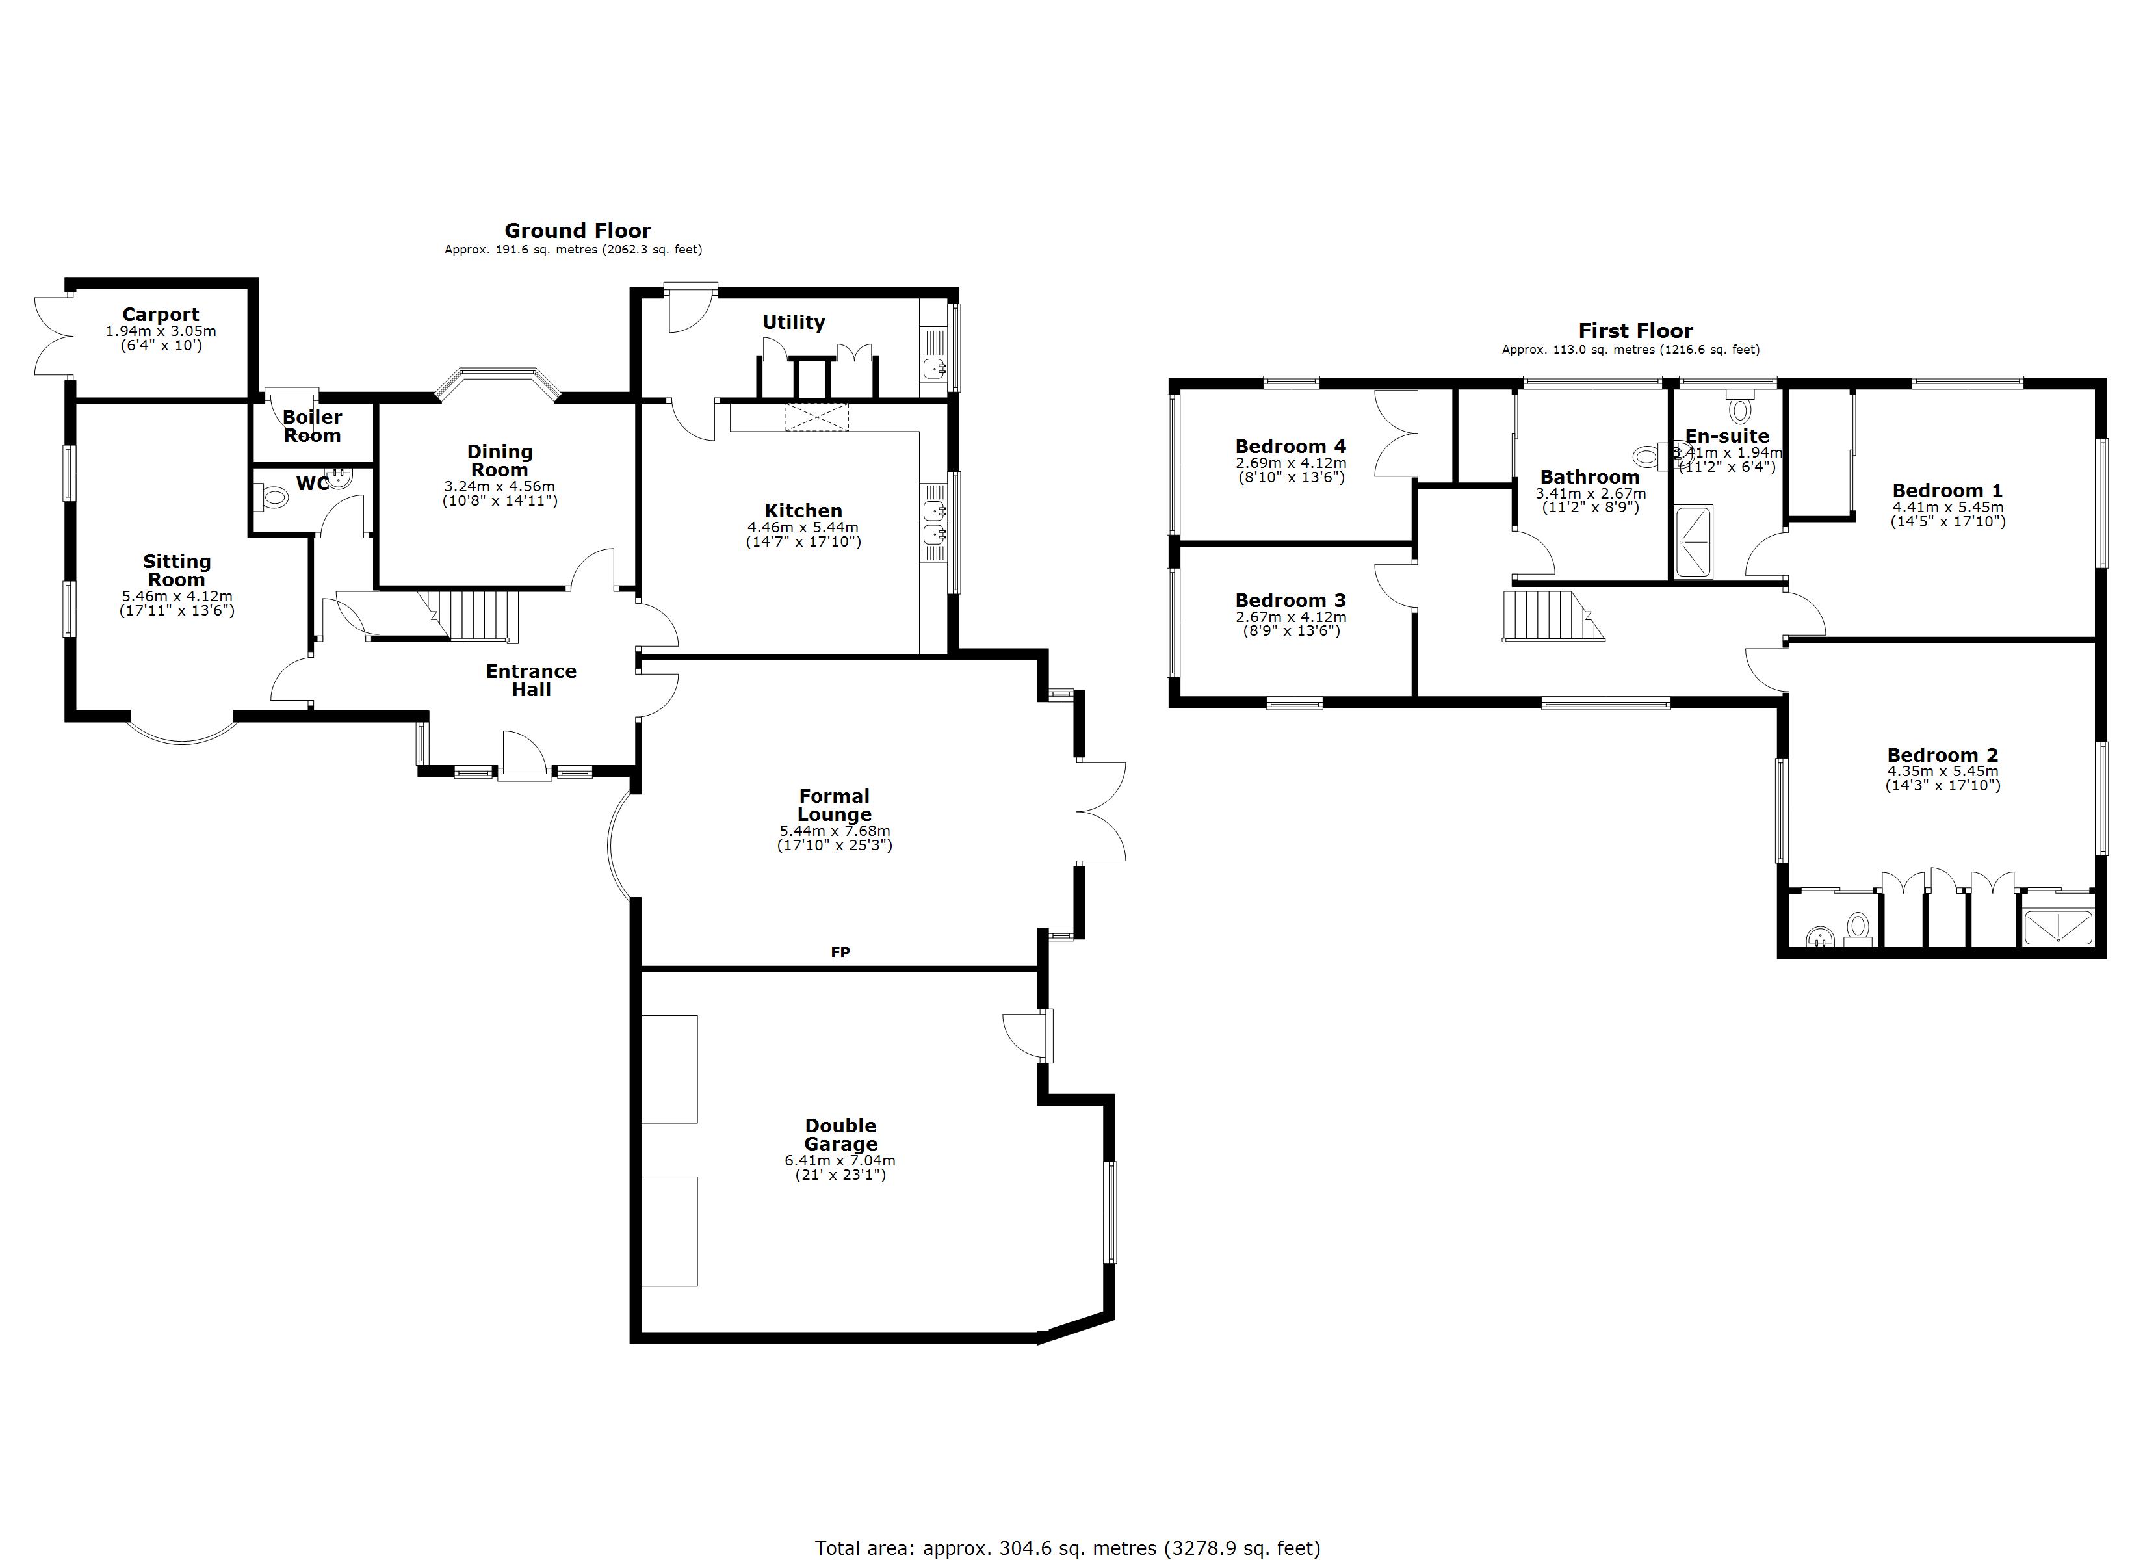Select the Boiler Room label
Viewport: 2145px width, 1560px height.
312,426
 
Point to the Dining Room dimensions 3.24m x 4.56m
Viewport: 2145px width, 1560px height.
499,487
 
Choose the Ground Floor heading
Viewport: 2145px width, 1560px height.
577,231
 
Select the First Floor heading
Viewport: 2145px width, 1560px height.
1635,331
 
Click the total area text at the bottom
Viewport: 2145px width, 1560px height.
1067,1548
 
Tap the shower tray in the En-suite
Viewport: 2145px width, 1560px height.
1693,542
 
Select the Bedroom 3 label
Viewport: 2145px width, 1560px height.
1290,601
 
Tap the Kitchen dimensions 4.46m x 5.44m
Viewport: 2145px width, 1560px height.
802,528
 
